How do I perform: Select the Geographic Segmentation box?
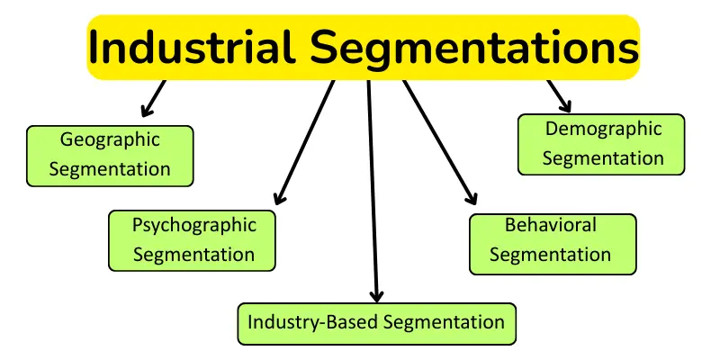point(110,155)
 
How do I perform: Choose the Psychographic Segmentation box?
point(192,240)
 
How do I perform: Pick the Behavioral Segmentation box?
point(552,243)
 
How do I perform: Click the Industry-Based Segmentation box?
point(376,322)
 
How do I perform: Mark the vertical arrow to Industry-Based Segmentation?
point(373,189)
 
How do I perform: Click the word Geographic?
point(110,139)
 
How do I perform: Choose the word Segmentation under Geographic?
point(110,168)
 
